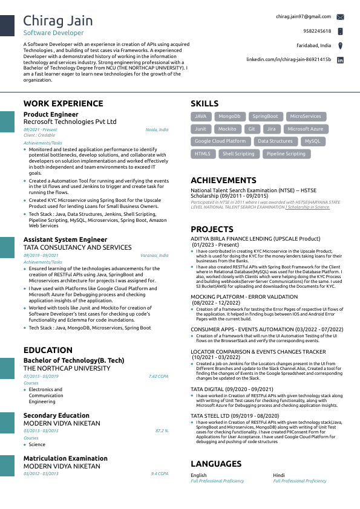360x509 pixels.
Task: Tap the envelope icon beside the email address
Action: click(340, 17)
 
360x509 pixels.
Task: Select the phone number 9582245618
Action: click(317, 31)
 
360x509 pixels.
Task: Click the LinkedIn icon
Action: click(340, 60)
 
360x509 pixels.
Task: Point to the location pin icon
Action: click(340, 45)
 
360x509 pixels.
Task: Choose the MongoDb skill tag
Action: click(229, 116)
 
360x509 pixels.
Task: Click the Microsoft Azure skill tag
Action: click(306, 129)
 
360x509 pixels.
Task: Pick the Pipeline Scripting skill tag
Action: click(286, 154)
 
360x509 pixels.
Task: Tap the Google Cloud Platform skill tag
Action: click(220, 141)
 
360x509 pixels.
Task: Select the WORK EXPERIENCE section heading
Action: click(64, 103)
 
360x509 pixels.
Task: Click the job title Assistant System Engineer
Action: click(65, 240)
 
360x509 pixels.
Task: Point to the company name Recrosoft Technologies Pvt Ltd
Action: click(70, 122)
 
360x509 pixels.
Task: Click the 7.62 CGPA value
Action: click(159, 376)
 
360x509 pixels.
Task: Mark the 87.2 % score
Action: click(162, 430)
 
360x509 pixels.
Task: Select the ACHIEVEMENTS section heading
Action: click(223, 180)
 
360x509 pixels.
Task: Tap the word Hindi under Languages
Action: click(279, 475)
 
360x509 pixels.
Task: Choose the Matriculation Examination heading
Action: click(65, 458)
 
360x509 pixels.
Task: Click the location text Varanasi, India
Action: click(157, 256)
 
